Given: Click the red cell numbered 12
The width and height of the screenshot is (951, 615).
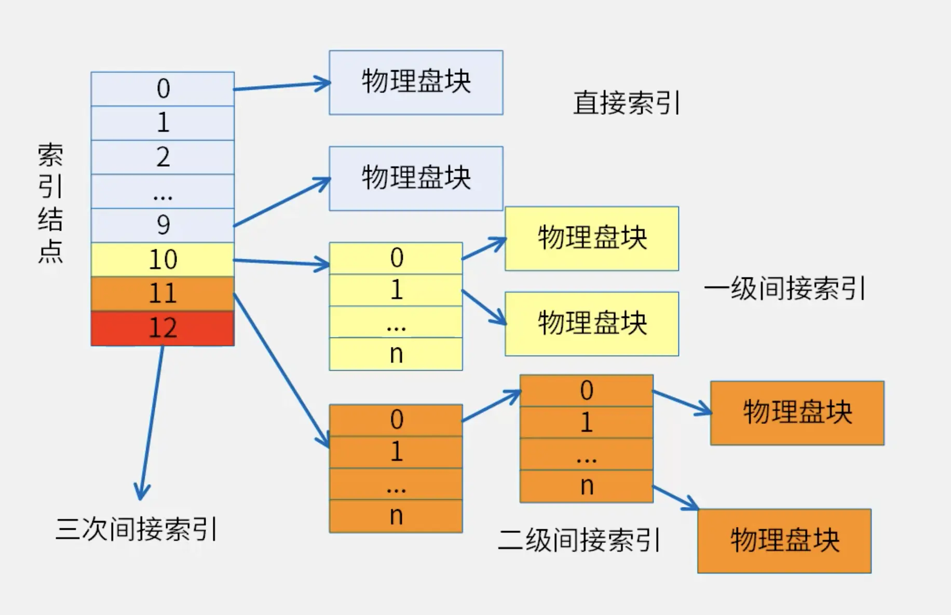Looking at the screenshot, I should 162,328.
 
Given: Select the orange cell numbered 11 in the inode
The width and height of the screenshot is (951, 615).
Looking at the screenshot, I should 162,293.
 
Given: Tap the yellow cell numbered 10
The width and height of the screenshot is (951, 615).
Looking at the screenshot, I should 162,259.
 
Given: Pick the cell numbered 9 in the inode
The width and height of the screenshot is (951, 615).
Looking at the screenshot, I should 162,225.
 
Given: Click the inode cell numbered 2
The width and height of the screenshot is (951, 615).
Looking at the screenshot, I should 162,157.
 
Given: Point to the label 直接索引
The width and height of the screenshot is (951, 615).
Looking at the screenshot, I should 626,103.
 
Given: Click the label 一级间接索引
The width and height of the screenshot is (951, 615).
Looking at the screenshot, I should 784,288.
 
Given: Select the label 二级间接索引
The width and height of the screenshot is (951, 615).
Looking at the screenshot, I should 579,540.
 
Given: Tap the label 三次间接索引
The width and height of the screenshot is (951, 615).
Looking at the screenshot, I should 136,529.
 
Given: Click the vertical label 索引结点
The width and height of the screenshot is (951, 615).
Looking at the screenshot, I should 50,203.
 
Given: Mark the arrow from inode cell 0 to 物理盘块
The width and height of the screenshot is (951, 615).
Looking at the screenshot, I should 281,86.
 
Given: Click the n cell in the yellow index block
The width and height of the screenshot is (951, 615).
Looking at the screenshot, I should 396,354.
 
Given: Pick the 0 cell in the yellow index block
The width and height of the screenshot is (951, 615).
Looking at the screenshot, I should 396,258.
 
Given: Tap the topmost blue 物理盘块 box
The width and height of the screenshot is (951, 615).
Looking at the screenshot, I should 416,83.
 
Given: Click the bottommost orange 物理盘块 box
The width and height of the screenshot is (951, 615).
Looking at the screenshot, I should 784,541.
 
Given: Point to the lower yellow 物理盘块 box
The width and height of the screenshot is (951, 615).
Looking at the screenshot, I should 591,324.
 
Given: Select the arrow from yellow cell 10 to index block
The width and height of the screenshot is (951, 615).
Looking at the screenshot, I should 281,263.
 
